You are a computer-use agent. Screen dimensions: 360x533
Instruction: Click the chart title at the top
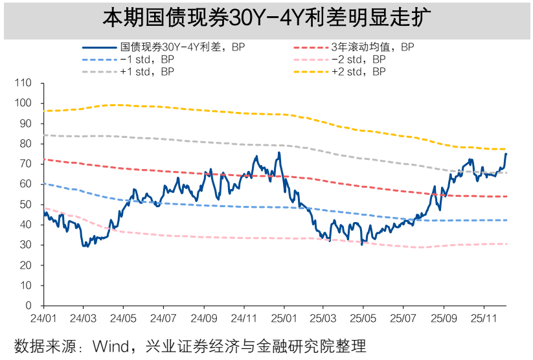tap(266, 18)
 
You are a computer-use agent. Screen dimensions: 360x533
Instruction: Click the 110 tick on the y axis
tap(23, 83)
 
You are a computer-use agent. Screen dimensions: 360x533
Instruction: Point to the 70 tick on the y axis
tap(26, 164)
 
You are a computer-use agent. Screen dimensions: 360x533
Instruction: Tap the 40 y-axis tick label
tap(26, 225)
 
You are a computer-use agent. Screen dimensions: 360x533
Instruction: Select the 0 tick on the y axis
tap(28, 305)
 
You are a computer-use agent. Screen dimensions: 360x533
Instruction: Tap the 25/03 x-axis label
tap(323, 319)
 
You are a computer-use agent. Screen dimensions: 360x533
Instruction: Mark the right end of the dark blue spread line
tap(506, 153)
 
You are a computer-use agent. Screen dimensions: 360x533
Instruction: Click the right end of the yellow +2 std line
tap(506, 150)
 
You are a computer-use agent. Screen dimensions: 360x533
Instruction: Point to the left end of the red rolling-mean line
tap(43, 159)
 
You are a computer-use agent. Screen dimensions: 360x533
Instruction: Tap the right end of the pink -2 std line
tap(506, 243)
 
